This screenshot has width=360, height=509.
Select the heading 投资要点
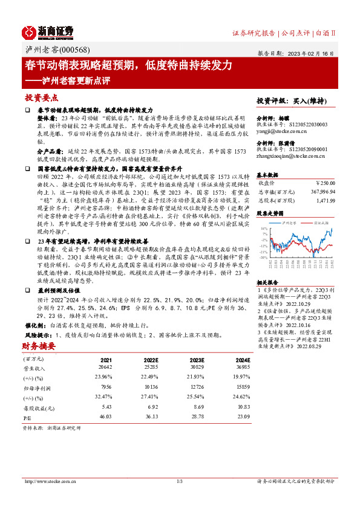[41, 97]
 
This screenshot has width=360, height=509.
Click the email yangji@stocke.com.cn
[280, 131]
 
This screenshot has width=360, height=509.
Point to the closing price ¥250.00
[325, 183]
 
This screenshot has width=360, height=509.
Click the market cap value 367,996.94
[322, 191]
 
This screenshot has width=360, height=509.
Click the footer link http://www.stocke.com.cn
[50, 481]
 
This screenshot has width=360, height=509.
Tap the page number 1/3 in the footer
[180, 481]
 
